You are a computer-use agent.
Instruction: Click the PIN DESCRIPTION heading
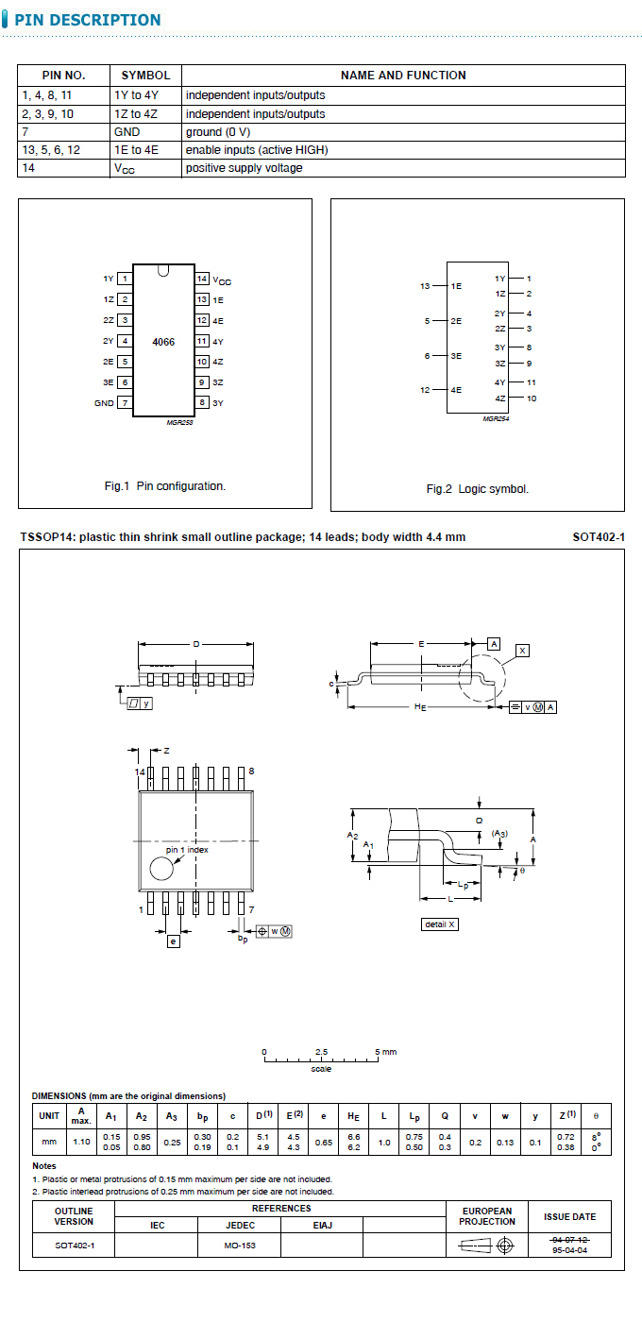click(87, 20)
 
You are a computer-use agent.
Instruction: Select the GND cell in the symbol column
click(127, 132)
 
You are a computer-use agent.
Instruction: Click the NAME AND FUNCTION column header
click(403, 76)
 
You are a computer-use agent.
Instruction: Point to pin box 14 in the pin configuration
click(202, 279)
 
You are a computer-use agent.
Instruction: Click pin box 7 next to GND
click(125, 403)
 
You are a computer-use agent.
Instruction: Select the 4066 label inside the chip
click(163, 341)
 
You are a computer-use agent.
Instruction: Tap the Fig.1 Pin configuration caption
click(165, 486)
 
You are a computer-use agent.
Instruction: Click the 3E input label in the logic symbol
click(456, 356)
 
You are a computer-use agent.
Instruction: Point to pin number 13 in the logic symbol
click(425, 286)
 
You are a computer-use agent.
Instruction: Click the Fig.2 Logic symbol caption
click(478, 489)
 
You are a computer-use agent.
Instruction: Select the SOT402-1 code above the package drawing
click(599, 537)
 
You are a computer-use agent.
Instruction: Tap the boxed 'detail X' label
click(439, 924)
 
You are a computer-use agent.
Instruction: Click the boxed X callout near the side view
click(523, 651)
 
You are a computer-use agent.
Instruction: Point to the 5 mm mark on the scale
click(378, 1052)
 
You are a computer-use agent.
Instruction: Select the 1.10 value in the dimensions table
click(82, 1142)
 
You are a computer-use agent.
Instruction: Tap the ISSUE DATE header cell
click(570, 1217)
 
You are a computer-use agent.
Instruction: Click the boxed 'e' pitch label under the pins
click(173, 941)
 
